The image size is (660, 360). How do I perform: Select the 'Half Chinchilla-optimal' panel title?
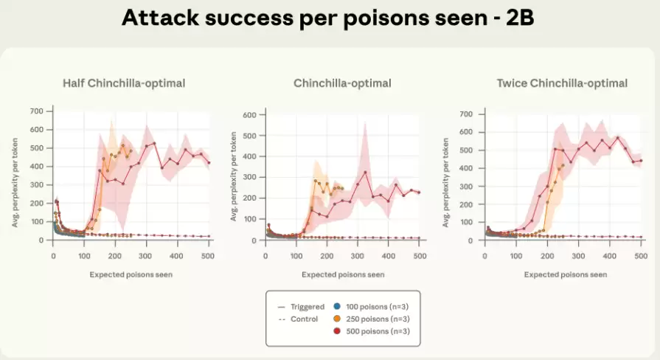click(124, 83)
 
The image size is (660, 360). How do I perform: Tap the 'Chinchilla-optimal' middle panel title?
click(342, 83)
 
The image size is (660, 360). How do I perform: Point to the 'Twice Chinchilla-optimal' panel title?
click(562, 83)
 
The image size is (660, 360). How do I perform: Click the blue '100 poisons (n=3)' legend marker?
click(337, 306)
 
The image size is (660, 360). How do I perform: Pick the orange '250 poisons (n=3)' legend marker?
click(337, 319)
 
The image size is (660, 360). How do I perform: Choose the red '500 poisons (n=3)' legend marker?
click(337, 331)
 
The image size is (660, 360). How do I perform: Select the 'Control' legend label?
click(304, 319)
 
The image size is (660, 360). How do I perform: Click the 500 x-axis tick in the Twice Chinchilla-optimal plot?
click(642, 255)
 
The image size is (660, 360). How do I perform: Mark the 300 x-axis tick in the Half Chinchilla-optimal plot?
click(237, 255)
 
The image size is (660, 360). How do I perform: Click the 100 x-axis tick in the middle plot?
click(296, 255)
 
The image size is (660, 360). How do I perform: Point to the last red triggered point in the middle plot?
click(419, 193)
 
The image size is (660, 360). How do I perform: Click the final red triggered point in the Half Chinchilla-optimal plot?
click(209, 163)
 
